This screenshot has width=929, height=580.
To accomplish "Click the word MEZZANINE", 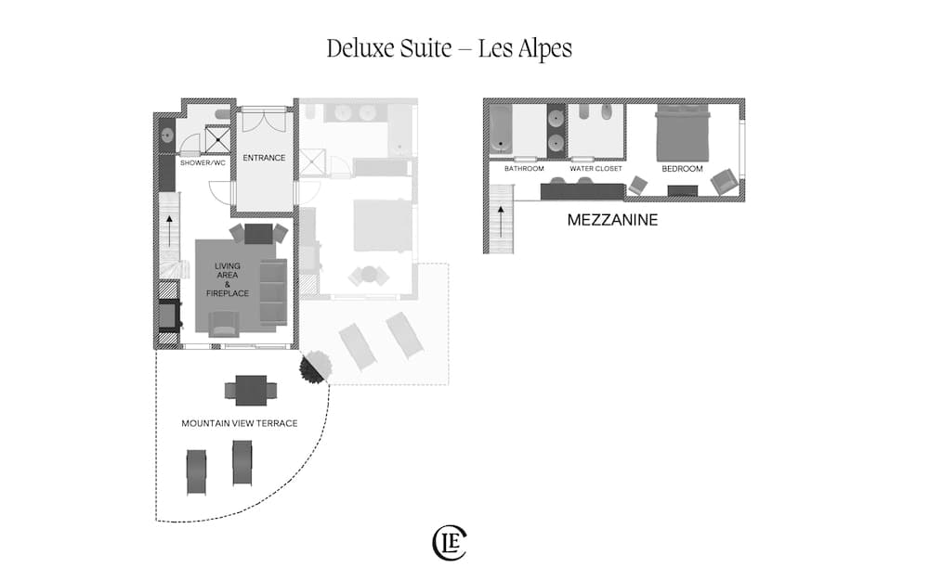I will (612, 221).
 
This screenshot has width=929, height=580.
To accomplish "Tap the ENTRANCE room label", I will (264, 158).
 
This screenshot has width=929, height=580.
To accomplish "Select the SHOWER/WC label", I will (203, 163).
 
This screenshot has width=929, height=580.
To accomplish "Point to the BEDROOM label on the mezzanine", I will (682, 170).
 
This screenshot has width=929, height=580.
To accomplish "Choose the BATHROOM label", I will (524, 170).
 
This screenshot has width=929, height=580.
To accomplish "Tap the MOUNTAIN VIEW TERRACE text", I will (239, 423).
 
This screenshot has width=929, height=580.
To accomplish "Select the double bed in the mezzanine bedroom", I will (683, 133).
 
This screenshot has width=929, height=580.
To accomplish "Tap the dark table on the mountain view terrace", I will (251, 390).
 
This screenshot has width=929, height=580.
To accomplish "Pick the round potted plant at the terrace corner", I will (312, 367).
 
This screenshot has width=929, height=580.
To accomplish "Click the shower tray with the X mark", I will (219, 138).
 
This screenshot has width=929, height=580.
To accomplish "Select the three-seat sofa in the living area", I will (273, 291).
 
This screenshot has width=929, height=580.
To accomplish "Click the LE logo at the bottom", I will (451, 543).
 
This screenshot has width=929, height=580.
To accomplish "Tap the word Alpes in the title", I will (525, 48).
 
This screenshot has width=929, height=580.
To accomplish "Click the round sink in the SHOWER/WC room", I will (167, 135).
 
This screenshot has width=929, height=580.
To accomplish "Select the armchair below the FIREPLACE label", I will (224, 323).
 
